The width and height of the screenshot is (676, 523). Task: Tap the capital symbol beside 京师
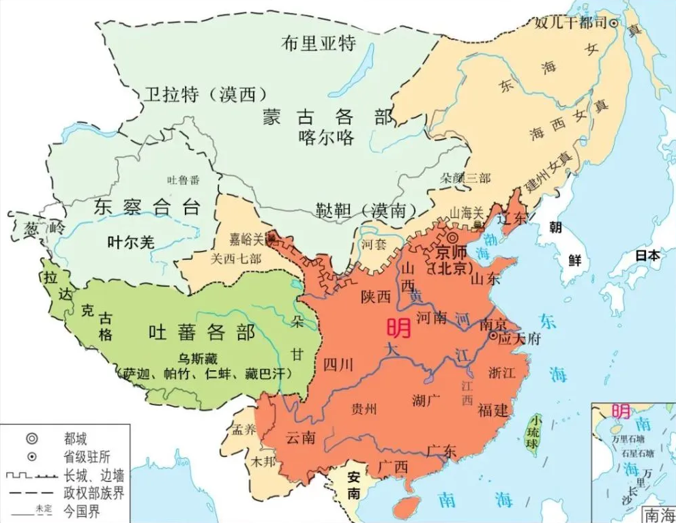[452, 238]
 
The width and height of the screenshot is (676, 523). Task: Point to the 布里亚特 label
[318, 44]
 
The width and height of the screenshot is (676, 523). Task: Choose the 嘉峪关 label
[249, 239]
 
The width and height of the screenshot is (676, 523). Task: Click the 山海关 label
[466, 212]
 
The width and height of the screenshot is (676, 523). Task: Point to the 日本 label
[647, 256]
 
